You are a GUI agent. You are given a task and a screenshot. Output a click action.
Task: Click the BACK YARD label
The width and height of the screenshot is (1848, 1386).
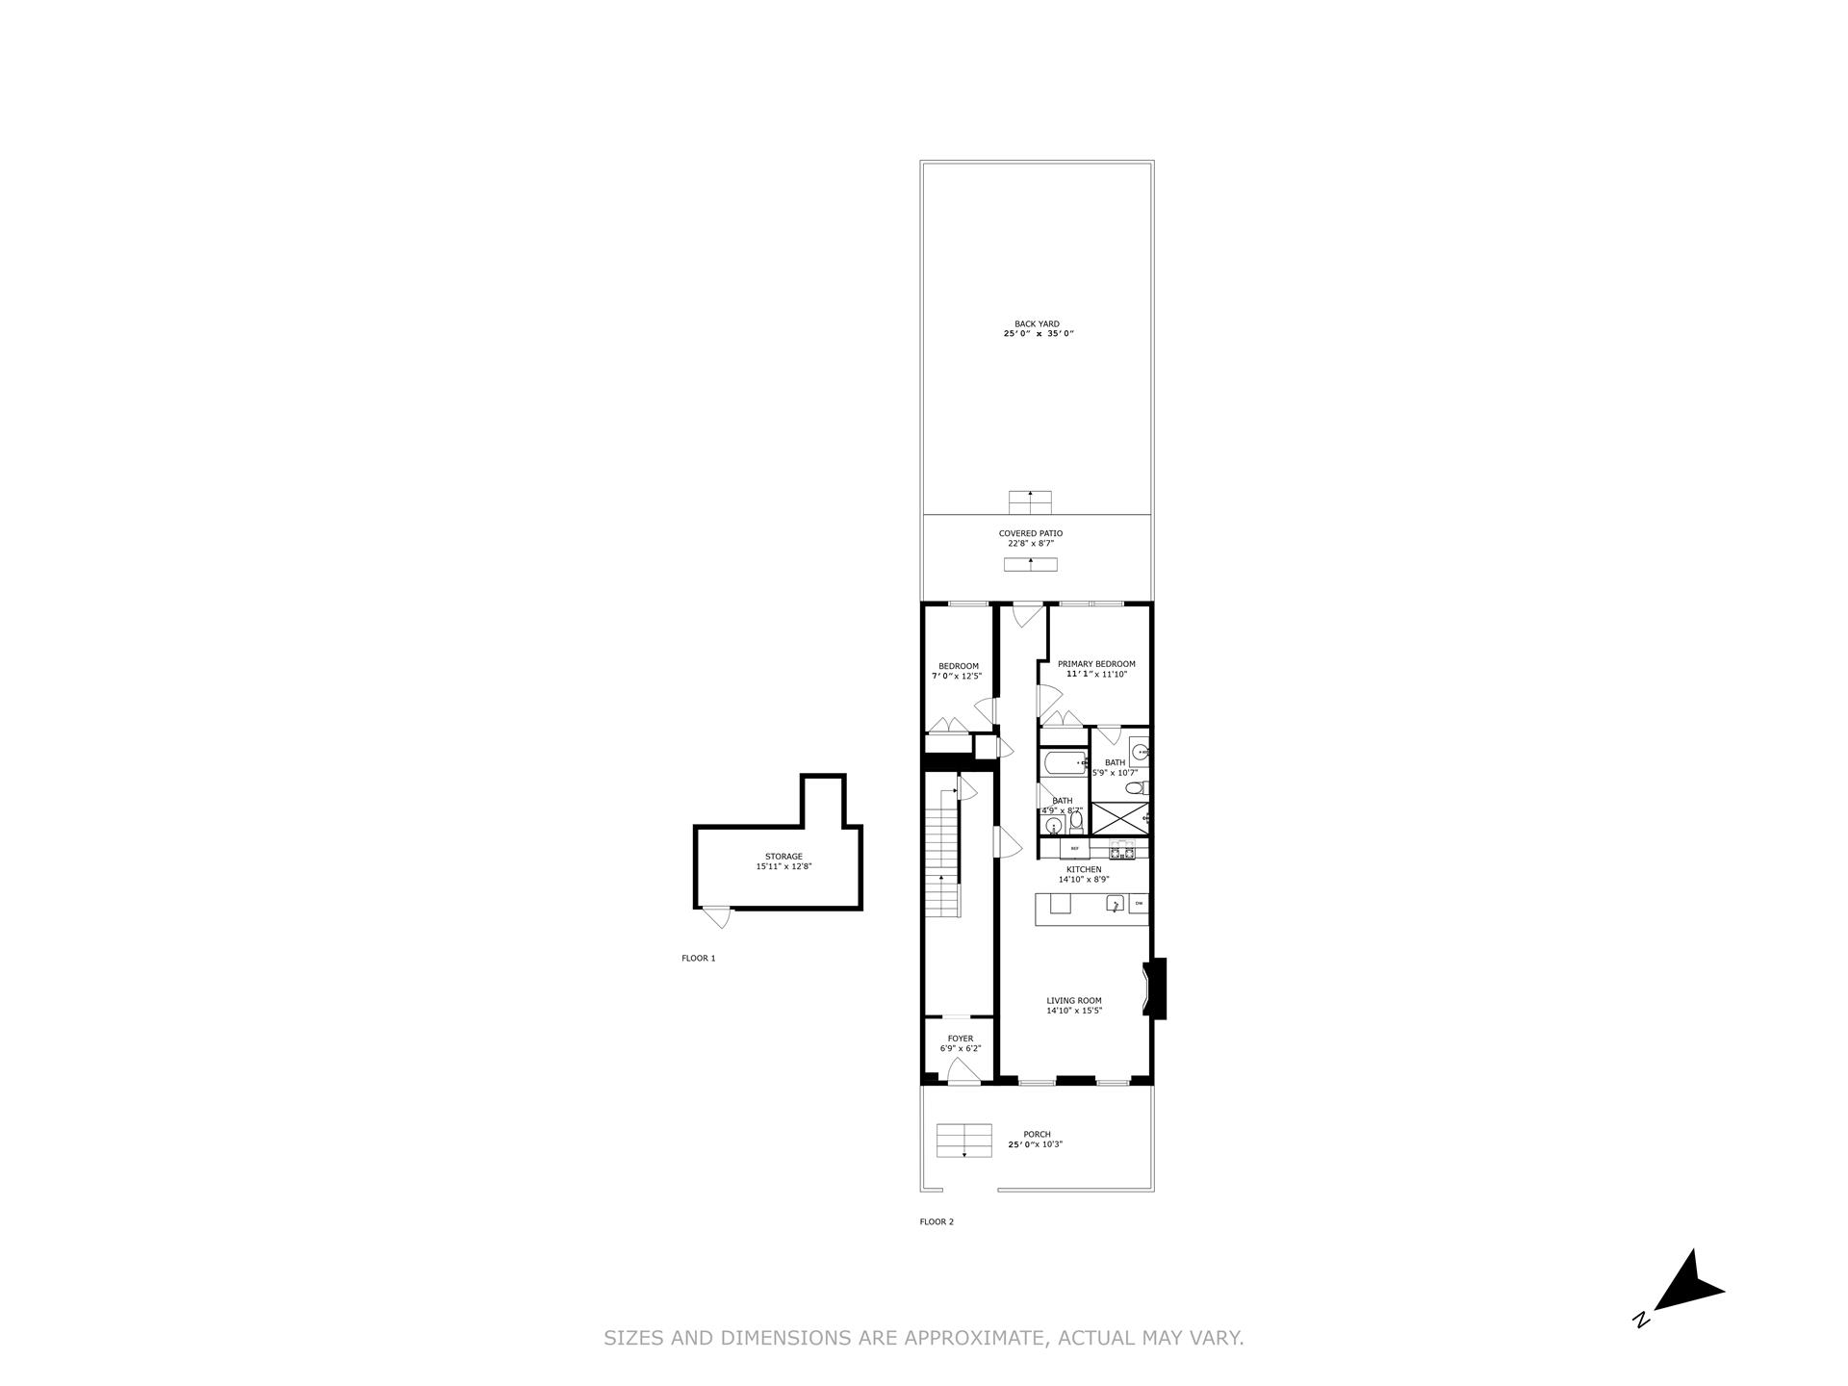pos(1037,324)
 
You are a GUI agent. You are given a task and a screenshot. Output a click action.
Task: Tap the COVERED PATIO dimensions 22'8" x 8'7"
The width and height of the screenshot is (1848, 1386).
pos(1030,544)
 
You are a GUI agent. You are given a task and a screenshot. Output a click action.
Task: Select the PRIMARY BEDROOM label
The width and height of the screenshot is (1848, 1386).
pos(1096,664)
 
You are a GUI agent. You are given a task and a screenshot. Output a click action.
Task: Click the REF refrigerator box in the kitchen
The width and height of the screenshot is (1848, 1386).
pos(1075,849)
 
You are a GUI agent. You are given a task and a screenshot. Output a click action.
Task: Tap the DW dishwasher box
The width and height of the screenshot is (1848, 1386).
pos(1139,904)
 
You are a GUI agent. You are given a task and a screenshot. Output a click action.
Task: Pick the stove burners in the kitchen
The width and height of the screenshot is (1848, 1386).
pos(1122,850)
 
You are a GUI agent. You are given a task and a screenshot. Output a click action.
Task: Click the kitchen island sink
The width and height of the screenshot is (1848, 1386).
pos(1114,904)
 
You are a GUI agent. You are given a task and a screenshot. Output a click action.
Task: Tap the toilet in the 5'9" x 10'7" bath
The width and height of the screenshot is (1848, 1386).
pos(1135,789)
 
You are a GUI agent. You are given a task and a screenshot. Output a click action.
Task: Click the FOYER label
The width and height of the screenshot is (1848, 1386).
pos(960,1039)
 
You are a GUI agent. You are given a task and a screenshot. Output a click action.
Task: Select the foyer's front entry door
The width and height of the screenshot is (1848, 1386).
pos(963,1071)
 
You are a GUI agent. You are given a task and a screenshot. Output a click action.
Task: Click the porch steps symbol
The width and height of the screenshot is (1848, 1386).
pos(963,1141)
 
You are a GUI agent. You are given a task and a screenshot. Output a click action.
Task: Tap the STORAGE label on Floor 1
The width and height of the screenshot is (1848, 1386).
pos(783,857)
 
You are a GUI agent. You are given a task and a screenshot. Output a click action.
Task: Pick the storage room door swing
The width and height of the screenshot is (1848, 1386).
pos(716,917)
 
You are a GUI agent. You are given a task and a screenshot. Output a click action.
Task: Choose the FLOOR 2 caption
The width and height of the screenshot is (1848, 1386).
pos(937,1222)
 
